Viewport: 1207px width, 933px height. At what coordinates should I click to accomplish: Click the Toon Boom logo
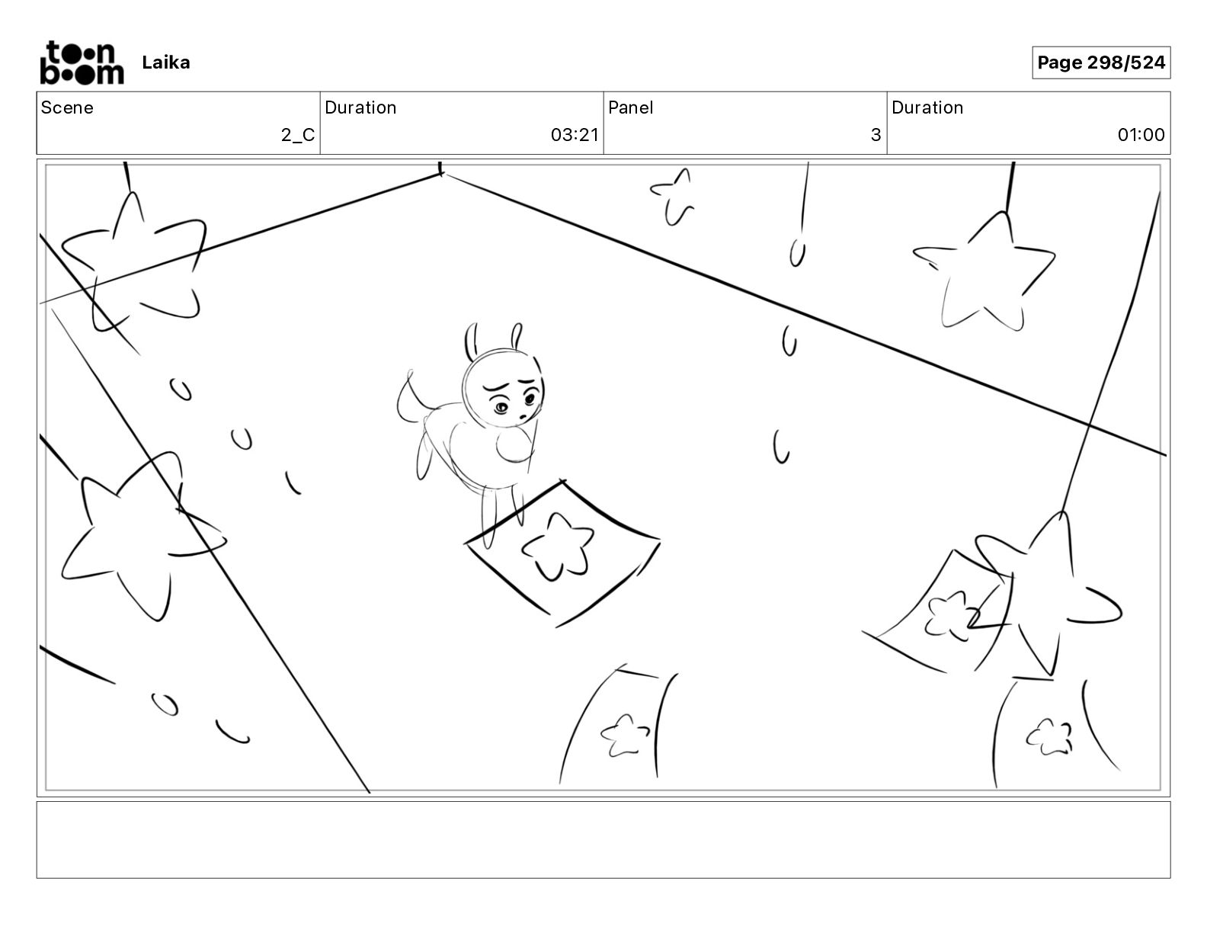point(81,63)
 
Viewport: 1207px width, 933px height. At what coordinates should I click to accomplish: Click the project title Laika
point(165,63)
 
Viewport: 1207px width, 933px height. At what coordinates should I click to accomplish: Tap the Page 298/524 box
point(1100,63)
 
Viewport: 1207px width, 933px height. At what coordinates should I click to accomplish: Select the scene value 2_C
point(297,135)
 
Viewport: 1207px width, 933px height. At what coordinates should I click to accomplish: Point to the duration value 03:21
point(575,135)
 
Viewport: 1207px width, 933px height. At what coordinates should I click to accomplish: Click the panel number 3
point(876,135)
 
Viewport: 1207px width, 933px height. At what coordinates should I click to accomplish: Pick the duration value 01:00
point(1140,135)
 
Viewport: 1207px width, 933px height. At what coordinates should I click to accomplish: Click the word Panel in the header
point(630,107)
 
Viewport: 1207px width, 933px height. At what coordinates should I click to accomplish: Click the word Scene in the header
point(67,107)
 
